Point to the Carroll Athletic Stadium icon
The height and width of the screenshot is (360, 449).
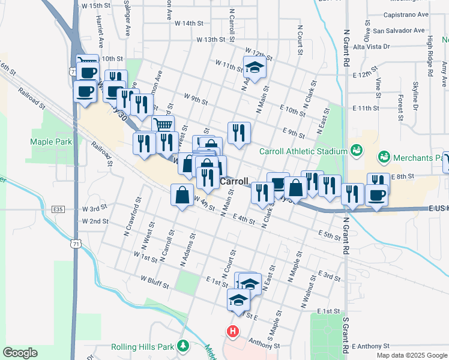[357, 150]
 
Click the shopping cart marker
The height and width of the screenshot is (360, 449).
[164, 125]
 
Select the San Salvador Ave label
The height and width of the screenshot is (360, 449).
[400, 30]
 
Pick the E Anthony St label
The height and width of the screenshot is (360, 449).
[371, 346]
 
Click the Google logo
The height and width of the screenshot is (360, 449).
[20, 353]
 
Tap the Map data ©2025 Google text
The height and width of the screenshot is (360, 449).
[411, 355]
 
